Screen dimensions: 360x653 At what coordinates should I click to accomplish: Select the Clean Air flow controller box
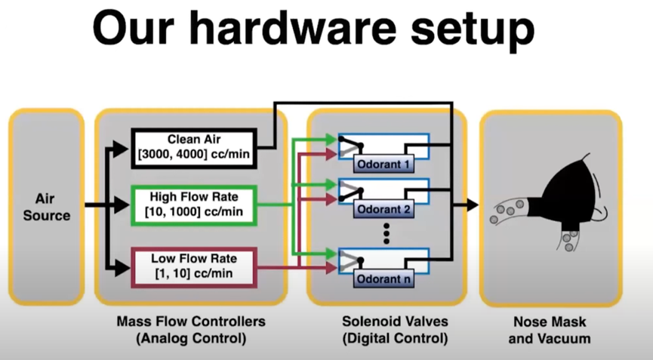[195, 147]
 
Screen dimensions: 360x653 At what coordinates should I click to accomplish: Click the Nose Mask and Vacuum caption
[550, 330]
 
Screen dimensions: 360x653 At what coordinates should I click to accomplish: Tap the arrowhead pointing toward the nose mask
[473, 205]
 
